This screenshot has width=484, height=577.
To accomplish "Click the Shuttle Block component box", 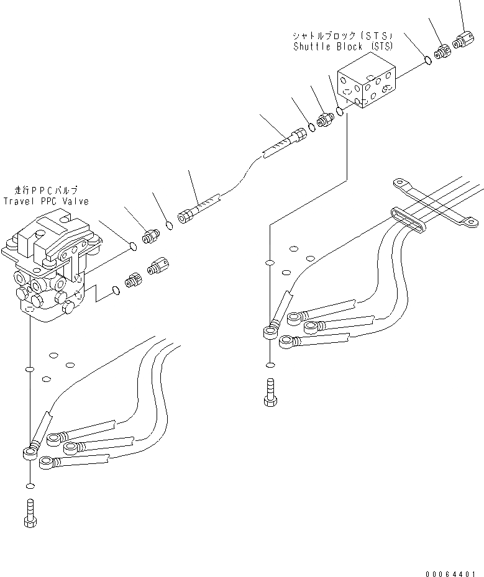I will coord(367,88).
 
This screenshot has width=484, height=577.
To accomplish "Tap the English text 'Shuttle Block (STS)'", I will coord(343,47).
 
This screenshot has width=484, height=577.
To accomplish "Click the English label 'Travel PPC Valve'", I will coord(46,201).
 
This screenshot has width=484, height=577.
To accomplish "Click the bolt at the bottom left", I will coord(30,514).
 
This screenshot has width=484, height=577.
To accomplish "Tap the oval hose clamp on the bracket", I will coord(409,222).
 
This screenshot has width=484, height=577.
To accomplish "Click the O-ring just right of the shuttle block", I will coord(427,60).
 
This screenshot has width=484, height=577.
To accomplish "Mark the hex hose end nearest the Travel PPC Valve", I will coord(185,217).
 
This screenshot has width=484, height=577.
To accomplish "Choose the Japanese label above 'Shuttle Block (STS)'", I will coord(343,36).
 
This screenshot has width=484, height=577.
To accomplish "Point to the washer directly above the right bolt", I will coord(269,365).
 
